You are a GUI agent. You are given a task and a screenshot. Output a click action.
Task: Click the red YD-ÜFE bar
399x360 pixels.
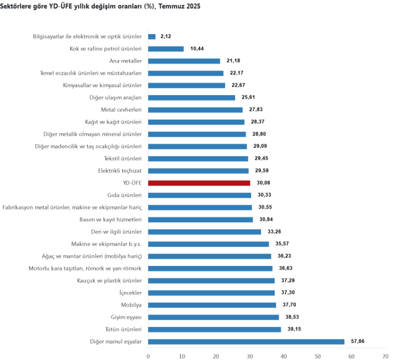[199, 183]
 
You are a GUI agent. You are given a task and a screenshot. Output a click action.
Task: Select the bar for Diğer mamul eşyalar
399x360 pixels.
[246, 341]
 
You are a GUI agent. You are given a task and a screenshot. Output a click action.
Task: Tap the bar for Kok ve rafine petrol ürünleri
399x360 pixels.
[166, 49]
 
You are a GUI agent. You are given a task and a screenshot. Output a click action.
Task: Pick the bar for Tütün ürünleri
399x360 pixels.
[214, 329]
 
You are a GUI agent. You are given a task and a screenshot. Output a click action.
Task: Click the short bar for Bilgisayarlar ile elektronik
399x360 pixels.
[152, 37]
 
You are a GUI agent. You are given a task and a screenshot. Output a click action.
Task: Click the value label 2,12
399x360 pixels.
[166, 37]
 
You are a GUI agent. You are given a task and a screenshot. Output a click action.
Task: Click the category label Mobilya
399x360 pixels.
[131, 305]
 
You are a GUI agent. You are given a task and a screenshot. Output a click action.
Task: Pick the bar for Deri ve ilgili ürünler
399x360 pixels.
[204, 232]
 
